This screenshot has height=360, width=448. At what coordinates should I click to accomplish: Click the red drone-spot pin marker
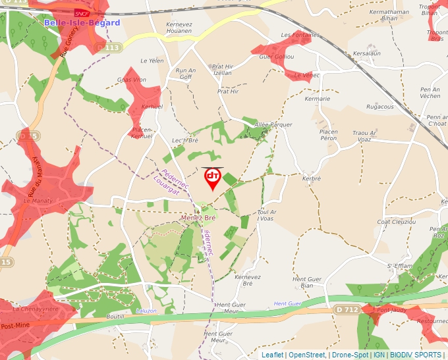coord(212,178)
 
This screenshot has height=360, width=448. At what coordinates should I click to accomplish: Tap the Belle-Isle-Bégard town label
coord(82,23)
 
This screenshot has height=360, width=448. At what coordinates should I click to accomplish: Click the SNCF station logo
coord(81,13)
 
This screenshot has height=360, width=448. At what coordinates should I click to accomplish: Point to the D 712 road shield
coord(347,309)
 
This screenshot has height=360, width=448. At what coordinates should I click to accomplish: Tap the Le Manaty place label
coord(37,200)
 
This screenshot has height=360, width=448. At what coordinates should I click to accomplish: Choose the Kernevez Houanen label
coord(179,28)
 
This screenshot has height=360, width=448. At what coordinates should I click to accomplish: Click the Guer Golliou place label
coord(277,57)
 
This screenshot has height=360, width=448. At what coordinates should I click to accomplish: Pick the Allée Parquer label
coord(273,124)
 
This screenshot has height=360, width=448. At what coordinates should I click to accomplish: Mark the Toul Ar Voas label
coord(266,215)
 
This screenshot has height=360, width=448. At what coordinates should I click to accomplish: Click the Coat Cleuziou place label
coord(396,222)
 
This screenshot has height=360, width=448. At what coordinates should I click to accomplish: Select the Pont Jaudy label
coord(391,309)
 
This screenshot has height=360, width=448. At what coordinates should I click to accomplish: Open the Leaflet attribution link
coord(272,355)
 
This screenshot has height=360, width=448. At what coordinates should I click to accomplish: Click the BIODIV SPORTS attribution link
coord(415,355)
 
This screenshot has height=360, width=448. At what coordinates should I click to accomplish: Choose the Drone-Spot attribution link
coord(350,355)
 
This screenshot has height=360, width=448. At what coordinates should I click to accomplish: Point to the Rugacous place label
coord(379,107)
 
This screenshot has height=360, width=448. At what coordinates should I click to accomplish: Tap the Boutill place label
coord(115,317)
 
